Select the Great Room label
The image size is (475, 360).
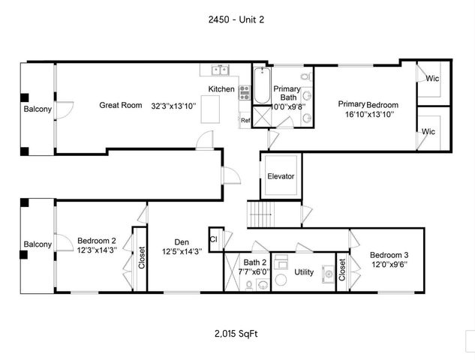click(121, 106)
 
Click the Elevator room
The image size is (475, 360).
click(281, 176)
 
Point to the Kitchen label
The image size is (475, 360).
click(222, 89)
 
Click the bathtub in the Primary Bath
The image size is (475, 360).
click(261, 86)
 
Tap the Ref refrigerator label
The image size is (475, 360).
click(245, 120)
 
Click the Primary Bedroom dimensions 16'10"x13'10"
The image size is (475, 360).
click(368, 114)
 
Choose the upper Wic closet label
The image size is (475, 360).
click(431, 77)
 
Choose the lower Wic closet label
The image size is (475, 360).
click(428, 131)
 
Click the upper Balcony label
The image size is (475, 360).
click(38, 109)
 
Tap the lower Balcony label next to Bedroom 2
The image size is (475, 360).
click(38, 244)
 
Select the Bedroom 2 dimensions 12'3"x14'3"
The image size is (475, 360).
click(97, 250)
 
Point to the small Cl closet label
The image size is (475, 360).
click(214, 239)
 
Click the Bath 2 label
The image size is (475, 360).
click(251, 262)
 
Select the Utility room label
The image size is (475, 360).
click(304, 271)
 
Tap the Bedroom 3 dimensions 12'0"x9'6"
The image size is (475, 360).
click(389, 264)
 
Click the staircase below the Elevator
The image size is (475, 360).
click(263, 215)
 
